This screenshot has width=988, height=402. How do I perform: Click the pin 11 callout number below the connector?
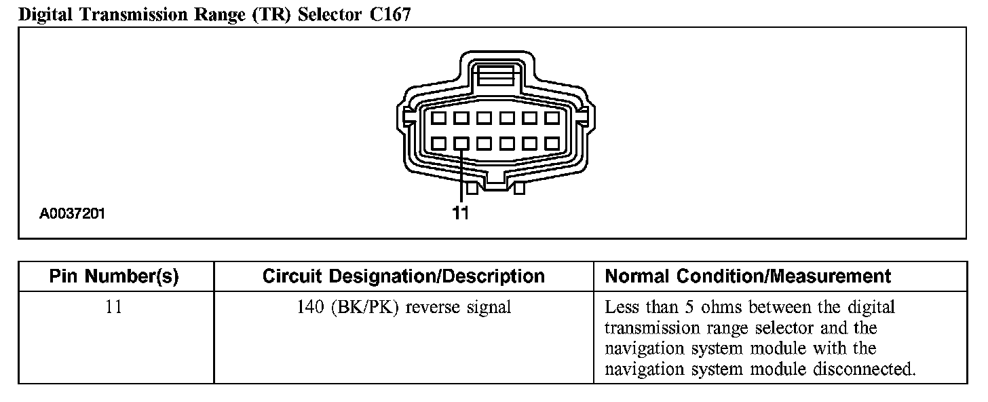tap(461, 213)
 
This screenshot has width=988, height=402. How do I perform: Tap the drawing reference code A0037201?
tap(72, 214)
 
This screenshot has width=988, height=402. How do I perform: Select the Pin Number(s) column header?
tap(114, 276)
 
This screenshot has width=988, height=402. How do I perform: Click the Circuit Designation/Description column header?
tap(403, 276)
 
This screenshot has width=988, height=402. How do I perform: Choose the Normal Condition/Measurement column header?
tap(747, 276)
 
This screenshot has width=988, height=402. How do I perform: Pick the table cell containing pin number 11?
tap(114, 307)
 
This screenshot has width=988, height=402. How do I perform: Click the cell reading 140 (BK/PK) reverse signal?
tap(403, 307)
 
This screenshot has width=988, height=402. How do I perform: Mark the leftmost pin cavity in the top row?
tap(439, 119)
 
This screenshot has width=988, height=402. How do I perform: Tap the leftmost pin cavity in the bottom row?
tap(439, 144)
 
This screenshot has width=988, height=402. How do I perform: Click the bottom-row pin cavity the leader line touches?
tap(461, 144)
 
